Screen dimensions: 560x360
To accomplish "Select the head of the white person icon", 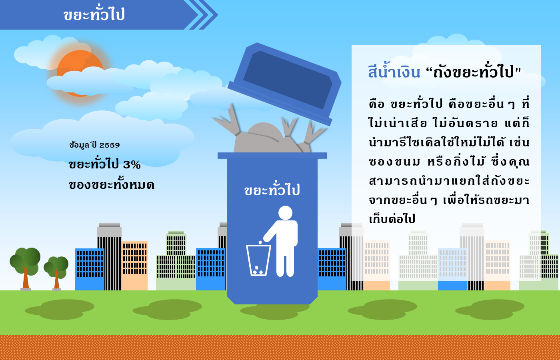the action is (x=285, y=213).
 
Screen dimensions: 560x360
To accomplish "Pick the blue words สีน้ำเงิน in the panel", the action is (x=394, y=71).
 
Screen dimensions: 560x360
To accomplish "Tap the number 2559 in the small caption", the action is (x=110, y=145).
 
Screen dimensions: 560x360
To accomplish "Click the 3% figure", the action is (x=132, y=165).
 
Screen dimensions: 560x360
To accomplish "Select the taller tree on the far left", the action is (x=25, y=268).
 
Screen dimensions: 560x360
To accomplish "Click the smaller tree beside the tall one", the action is (x=56, y=272).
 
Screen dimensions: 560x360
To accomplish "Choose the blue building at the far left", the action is (x=90, y=270).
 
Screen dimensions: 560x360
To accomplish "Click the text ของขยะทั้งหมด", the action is (x=112, y=184).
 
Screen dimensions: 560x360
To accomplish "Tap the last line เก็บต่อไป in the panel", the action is (x=392, y=218).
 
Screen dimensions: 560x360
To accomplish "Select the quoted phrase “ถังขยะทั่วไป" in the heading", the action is (x=473, y=72).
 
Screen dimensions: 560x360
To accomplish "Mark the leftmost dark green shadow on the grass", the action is (x=60, y=310).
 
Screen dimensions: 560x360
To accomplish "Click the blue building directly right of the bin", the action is (x=332, y=269).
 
